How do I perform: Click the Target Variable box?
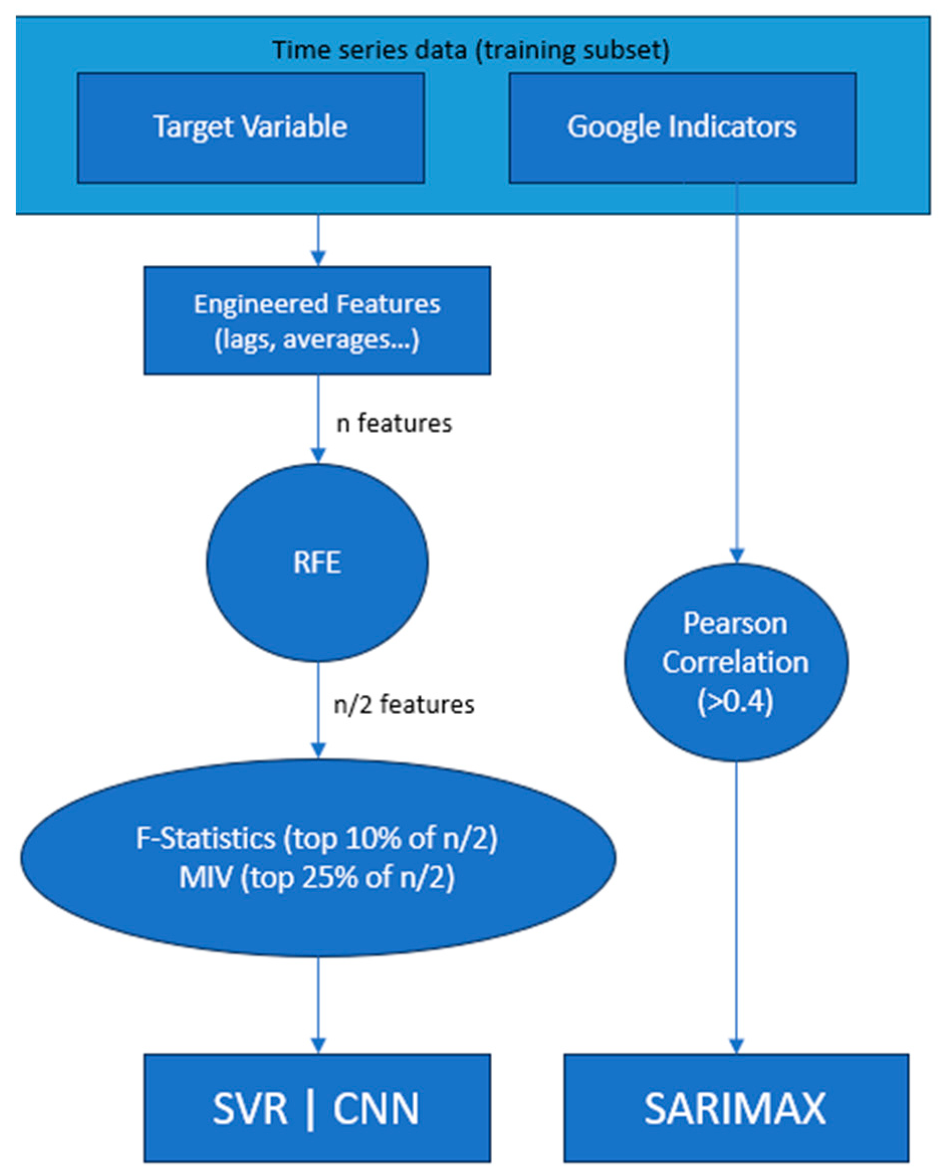251,127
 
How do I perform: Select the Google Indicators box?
682,127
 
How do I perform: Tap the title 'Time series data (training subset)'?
471,50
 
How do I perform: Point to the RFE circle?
317,563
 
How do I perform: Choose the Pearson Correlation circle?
736,662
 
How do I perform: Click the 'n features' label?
394,423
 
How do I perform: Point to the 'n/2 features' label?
404,705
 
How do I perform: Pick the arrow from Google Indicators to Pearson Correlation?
737,370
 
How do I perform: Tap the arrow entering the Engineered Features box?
318,239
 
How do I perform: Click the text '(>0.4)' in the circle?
736,702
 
